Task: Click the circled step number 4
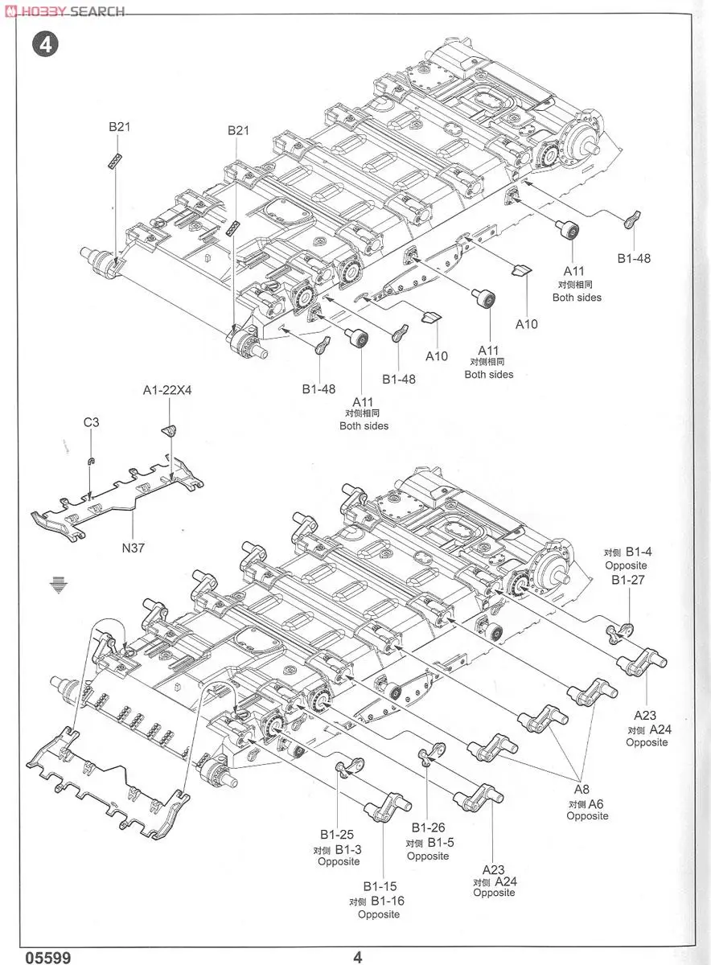coord(45,45)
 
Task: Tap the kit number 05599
coord(47,957)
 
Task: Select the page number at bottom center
coord(358,957)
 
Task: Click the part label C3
coord(92,422)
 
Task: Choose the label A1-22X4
coord(167,390)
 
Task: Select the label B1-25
coord(336,835)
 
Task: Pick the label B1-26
coord(429,827)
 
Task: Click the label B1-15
coord(379,886)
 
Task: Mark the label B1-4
coord(639,552)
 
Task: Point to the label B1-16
coord(387,901)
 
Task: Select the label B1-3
coord(348,849)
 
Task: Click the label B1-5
coord(440,842)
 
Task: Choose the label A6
coord(596,803)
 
